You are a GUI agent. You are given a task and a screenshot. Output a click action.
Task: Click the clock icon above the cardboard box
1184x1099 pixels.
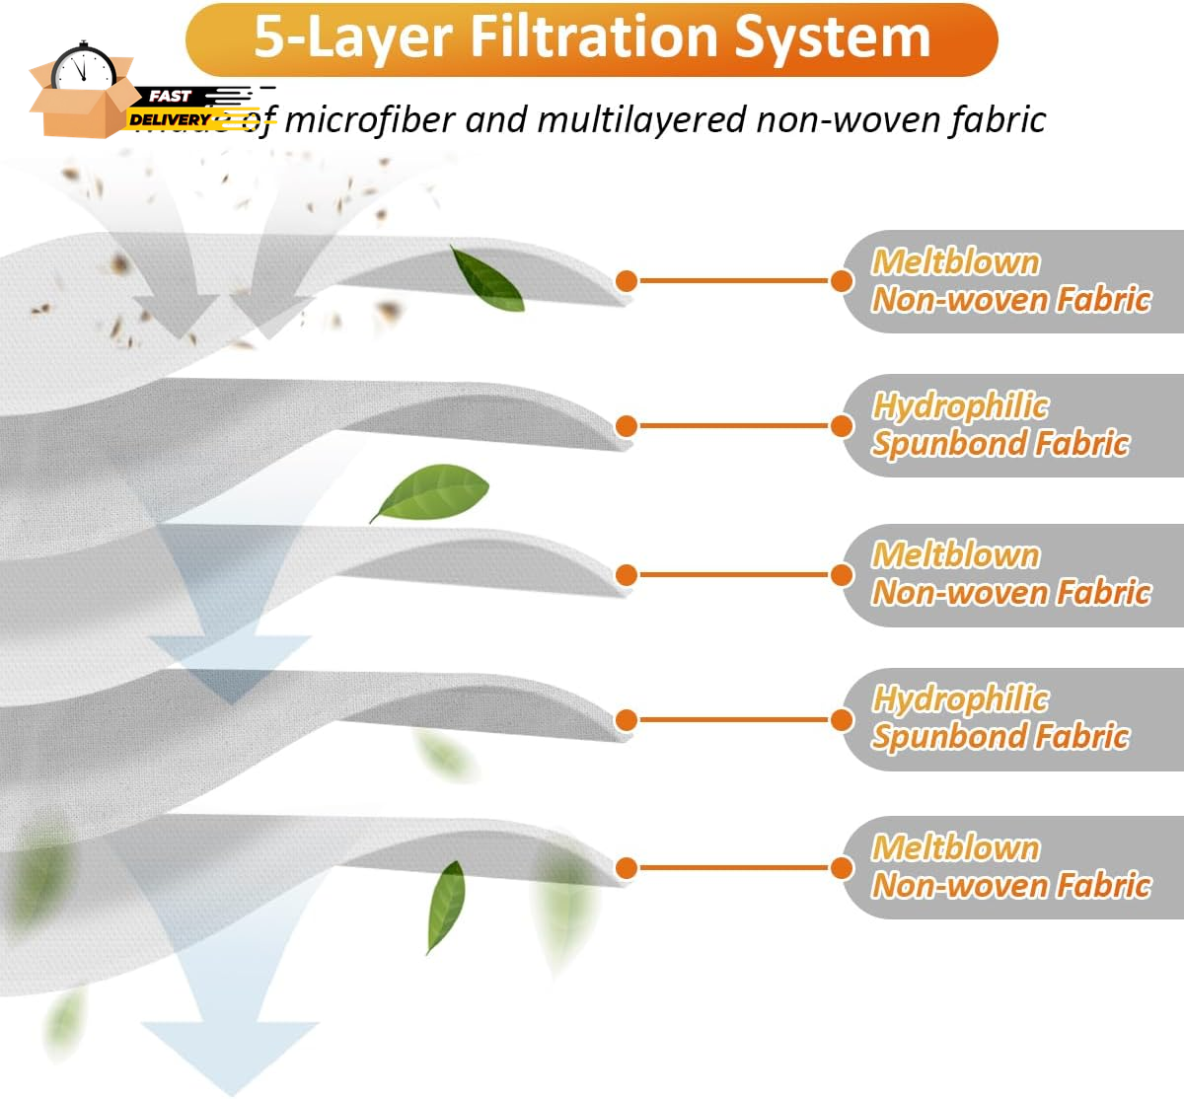tap(83, 67)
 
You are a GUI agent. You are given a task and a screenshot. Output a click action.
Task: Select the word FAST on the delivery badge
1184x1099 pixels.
tap(170, 96)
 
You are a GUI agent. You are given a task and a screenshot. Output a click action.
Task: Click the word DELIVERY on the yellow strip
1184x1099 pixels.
tap(170, 119)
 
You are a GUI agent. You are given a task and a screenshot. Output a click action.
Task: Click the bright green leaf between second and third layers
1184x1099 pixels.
tap(432, 492)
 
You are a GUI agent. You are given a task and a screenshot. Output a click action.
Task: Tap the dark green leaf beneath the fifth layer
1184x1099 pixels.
tap(446, 905)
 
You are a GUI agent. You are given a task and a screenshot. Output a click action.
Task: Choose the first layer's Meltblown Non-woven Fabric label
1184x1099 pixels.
tap(1010, 281)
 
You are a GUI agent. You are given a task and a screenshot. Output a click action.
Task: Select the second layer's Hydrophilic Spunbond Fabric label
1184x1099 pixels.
tap(1000, 425)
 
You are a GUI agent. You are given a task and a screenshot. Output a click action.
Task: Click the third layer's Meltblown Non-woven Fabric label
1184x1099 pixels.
tap(1010, 574)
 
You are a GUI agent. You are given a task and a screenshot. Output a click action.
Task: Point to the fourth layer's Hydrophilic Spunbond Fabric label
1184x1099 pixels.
tap(1000, 718)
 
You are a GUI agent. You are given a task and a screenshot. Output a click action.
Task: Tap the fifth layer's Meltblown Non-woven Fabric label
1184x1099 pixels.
tap(1010, 867)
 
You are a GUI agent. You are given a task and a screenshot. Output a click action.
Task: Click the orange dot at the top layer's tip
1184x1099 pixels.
tap(626, 280)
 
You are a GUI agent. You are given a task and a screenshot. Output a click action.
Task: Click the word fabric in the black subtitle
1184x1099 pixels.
tap(998, 120)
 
